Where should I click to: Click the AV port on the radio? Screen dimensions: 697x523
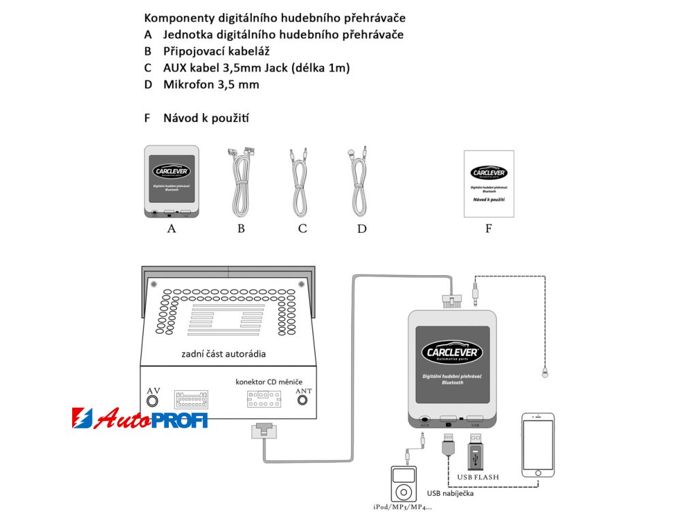(153, 401)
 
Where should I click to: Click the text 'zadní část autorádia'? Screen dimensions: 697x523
(223, 353)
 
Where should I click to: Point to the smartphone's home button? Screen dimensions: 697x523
(538, 471)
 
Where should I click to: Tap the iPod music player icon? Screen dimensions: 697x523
(402, 483)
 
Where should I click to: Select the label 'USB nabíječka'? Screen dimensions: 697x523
(450, 494)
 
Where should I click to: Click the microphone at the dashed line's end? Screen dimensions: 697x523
(545, 373)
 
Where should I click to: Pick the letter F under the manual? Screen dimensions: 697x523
(488, 229)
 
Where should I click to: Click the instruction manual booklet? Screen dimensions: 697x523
(489, 184)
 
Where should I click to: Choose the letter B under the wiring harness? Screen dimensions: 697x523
(241, 229)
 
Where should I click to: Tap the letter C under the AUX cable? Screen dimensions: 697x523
(302, 229)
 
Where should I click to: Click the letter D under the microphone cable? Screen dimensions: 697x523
(361, 229)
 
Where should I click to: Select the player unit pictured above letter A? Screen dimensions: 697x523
(172, 181)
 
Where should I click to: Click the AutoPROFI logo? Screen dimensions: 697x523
(140, 418)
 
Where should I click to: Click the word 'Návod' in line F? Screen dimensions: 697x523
(178, 118)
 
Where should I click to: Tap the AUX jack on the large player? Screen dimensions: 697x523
(425, 422)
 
